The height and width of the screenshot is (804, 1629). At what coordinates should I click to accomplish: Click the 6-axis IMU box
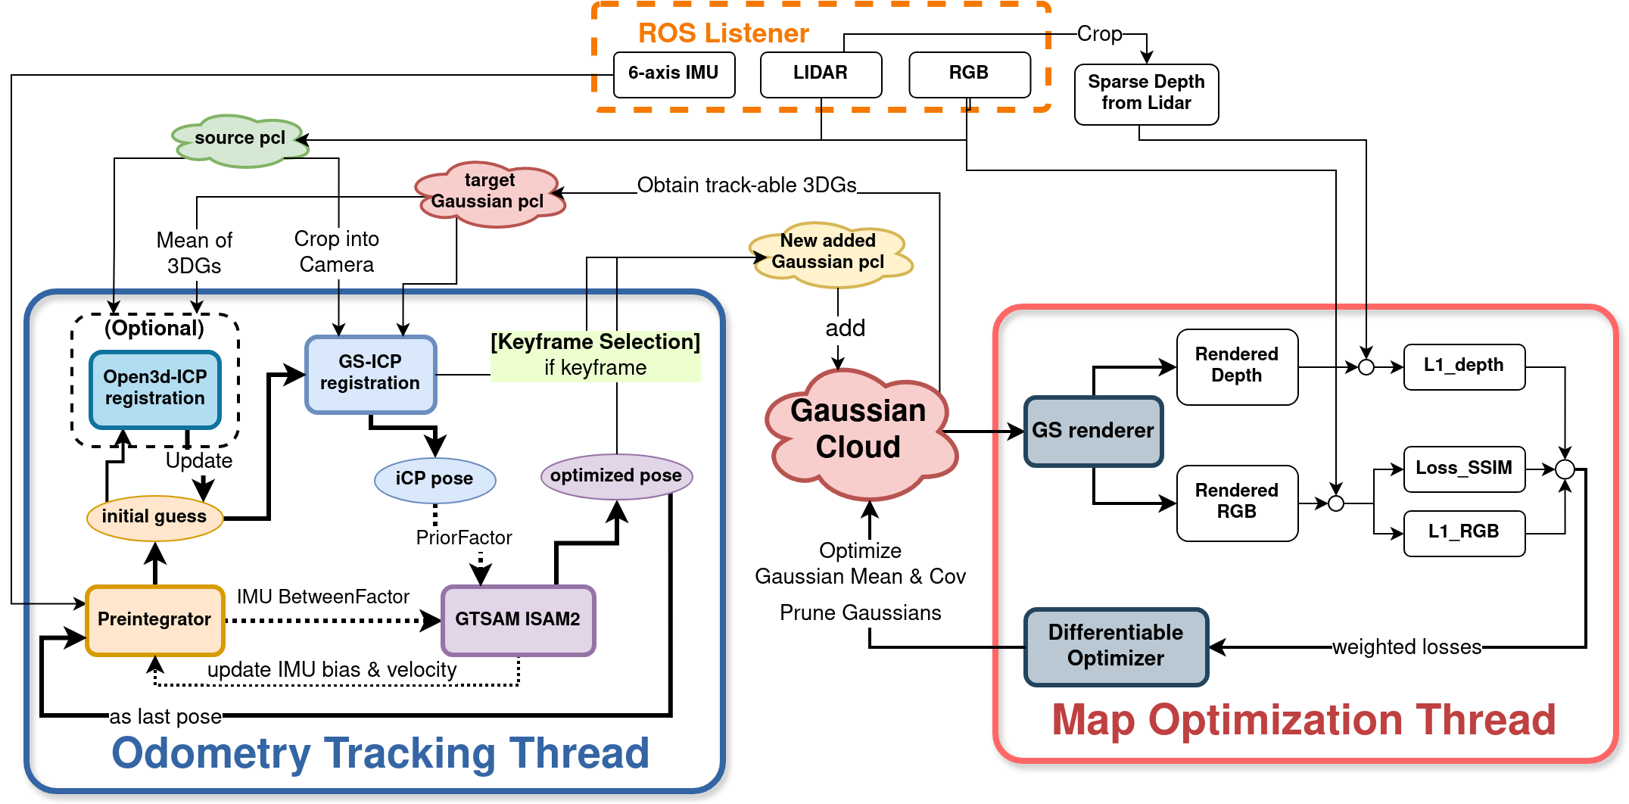coord(674,74)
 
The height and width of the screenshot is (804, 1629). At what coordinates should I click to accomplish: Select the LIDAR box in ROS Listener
coord(821,74)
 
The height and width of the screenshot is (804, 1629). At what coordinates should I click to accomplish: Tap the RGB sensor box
coord(969,74)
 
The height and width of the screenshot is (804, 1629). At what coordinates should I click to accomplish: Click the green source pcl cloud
coord(240,140)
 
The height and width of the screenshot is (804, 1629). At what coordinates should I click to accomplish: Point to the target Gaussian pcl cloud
coord(489,193)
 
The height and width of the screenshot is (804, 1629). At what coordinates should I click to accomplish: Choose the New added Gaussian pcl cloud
coord(829,254)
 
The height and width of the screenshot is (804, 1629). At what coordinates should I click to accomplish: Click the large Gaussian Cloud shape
coord(859,432)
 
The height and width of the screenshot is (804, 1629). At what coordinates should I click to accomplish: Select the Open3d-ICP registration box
coord(155,388)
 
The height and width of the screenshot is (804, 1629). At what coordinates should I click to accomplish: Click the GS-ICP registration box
coord(370,373)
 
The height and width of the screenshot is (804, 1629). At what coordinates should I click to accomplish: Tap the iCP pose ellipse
coord(435,479)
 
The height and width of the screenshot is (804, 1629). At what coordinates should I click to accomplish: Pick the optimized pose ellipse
coord(616,476)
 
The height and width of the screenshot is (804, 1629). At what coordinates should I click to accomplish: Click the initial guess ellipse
coord(154,517)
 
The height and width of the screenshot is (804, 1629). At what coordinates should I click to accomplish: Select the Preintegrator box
coord(154,620)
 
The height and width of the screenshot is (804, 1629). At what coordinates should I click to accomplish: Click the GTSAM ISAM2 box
coord(518,619)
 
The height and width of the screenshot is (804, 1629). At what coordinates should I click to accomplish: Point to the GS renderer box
coord(1093,431)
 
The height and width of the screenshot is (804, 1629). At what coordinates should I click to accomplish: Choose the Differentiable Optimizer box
coord(1116,646)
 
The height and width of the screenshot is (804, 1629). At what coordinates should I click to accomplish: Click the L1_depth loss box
coord(1464,366)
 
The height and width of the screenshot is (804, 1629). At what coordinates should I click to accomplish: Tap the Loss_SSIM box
coord(1464,469)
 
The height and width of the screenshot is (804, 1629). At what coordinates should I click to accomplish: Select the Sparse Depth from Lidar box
coord(1146,93)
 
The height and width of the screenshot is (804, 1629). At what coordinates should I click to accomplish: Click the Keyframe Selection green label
coord(595,355)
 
